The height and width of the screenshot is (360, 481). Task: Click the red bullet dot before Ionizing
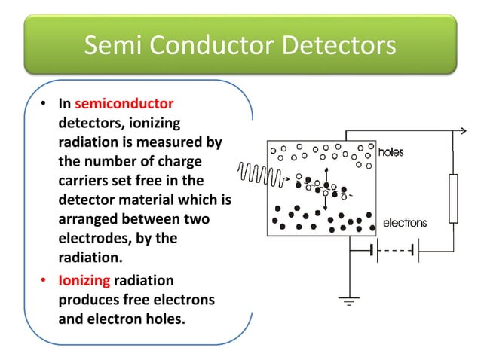coord(44,281)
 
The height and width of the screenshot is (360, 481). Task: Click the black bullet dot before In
coord(44,103)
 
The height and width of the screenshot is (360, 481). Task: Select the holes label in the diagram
coord(391,152)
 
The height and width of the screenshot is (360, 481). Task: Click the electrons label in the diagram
coord(405,223)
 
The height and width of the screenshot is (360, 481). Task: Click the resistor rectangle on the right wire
coord(454,198)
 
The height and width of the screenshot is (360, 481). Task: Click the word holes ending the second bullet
coord(161,319)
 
